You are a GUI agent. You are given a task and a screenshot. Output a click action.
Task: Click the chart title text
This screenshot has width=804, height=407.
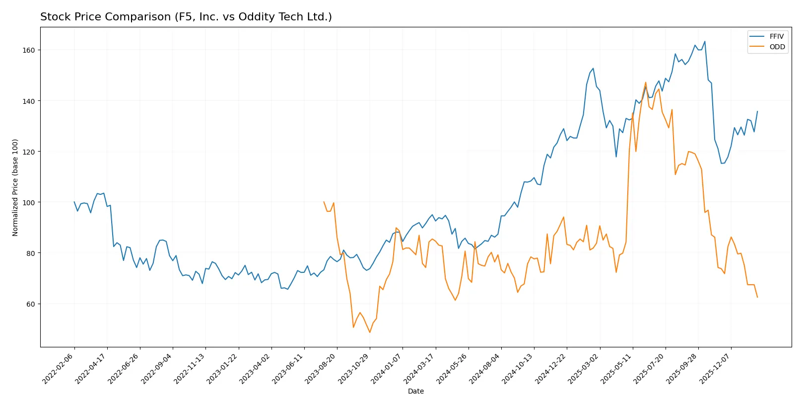tap(186, 17)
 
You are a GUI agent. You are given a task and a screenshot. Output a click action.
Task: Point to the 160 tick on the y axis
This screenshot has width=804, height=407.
tap(28, 50)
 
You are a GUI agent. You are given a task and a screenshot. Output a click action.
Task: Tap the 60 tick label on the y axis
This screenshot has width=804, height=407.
tap(30, 304)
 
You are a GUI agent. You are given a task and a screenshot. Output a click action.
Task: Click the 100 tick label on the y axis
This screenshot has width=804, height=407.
tap(28, 202)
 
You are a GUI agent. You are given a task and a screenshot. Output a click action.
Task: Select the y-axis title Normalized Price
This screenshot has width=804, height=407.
tap(15, 187)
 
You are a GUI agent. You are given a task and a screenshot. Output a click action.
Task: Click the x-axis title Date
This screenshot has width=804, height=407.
tap(415, 391)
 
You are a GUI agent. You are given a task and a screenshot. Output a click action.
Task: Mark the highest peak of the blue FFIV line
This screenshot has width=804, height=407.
tap(705, 41)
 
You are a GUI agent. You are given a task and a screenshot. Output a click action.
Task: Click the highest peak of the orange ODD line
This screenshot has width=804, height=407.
tap(646, 82)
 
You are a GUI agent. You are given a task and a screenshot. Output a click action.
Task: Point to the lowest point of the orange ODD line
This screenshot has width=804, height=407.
tap(370, 332)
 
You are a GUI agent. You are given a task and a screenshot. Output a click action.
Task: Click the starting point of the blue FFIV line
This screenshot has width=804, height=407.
tap(74, 202)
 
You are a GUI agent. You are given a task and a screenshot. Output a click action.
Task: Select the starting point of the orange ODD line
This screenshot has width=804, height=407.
tap(324, 202)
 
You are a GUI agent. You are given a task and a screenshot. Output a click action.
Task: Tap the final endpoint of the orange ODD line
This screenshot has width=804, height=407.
tap(757, 297)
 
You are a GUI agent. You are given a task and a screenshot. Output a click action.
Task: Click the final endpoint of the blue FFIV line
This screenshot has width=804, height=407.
tap(757, 111)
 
